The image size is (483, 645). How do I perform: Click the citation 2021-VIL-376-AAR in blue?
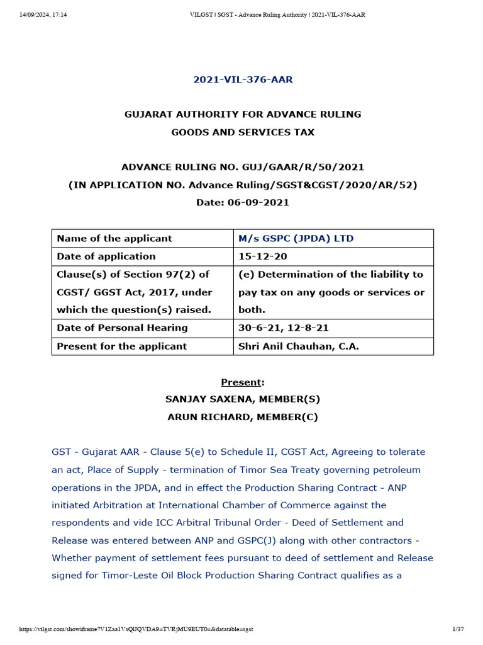coord(242,79)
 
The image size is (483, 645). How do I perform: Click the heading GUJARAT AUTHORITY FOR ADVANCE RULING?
coord(242,115)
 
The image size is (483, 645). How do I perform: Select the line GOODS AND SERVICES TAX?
coord(242,132)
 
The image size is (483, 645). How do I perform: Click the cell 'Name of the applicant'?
coord(114,239)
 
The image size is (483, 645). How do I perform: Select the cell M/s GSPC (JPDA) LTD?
coord(296,239)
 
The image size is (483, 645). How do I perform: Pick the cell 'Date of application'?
coord(106,256)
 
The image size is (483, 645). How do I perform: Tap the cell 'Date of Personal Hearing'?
coord(122,328)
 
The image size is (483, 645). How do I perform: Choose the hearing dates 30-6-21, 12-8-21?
coord(283,328)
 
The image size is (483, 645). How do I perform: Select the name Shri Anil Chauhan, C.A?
coord(299,346)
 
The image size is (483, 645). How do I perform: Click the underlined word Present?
coord(241,382)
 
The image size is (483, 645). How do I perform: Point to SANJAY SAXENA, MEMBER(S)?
coord(242,399)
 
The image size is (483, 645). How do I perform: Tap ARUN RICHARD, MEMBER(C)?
coord(242,417)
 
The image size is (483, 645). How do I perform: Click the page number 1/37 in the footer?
coord(457,629)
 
